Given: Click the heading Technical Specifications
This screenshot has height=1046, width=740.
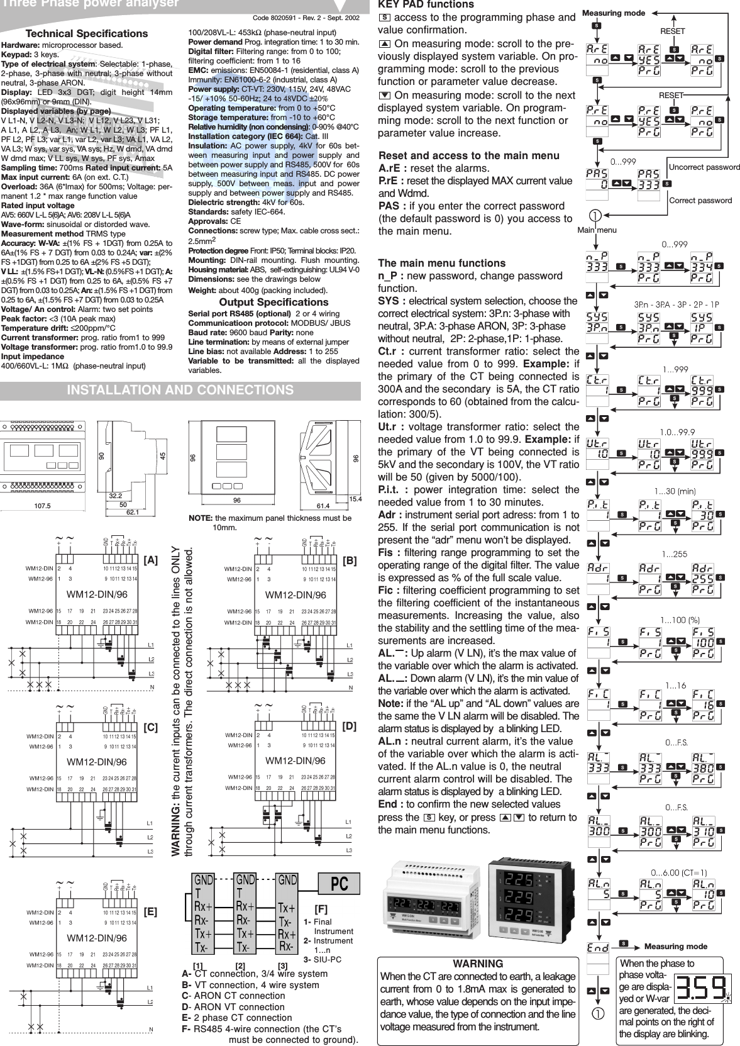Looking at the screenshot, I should [86, 33].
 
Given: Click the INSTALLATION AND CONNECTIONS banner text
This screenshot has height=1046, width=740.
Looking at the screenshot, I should [180, 390].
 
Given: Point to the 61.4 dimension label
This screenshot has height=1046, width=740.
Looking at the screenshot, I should [323, 505].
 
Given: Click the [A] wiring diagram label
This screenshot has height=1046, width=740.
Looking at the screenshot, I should [151, 559].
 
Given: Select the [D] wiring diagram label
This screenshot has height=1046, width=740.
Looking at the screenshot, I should [349, 726].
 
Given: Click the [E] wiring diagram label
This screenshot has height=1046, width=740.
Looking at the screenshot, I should [151, 911].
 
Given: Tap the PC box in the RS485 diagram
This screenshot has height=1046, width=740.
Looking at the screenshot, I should [339, 883].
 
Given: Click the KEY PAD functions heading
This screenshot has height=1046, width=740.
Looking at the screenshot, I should [426, 5].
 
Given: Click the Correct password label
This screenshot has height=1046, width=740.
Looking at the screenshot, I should [700, 200].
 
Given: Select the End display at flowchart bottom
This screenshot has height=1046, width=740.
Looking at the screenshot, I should [598, 947].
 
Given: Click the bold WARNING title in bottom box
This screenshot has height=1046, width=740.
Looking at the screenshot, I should [477, 964].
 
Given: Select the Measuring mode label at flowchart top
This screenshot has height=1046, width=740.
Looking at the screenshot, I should [614, 13].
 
